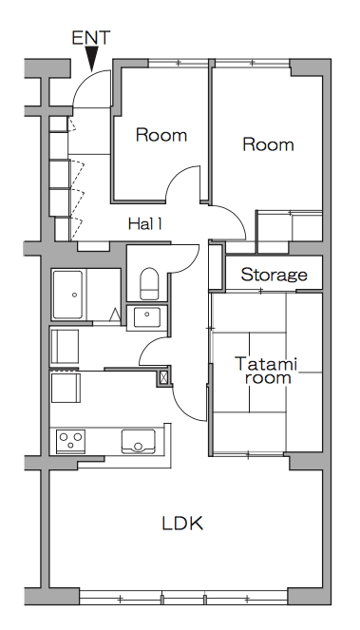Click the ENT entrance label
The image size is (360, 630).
[x=90, y=37]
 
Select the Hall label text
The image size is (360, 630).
[x=145, y=224]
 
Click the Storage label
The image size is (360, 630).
[x=274, y=275]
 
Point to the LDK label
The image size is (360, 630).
[x=182, y=524]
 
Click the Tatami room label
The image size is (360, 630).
[x=266, y=370]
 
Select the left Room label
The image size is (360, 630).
[x=161, y=135]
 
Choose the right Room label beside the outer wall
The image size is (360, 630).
[x=268, y=144]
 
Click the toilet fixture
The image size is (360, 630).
[x=149, y=284]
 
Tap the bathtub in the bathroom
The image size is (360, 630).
[x=67, y=295]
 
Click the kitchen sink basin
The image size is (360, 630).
[x=139, y=442]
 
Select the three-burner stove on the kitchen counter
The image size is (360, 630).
[x=70, y=439]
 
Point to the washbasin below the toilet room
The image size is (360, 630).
[x=146, y=317]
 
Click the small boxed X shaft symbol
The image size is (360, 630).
[x=164, y=377]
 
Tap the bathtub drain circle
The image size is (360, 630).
[x=74, y=295]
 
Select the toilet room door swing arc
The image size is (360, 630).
[x=192, y=263]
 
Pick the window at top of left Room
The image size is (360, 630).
[x=179, y=63]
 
